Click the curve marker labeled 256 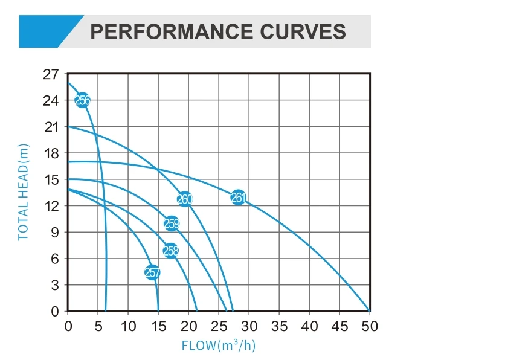point(82,100)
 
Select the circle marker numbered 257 point(153,272)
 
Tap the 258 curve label point(171,251)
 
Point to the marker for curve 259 point(172,223)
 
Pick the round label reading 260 point(184,199)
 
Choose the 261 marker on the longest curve point(239,197)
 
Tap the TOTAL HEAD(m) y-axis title point(24,191)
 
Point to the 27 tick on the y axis point(51,74)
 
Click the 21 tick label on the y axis point(51,127)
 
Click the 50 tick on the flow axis point(369,327)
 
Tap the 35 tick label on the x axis point(279,327)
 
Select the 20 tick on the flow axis point(188,327)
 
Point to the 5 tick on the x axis point(98,327)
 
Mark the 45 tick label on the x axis point(339,327)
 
